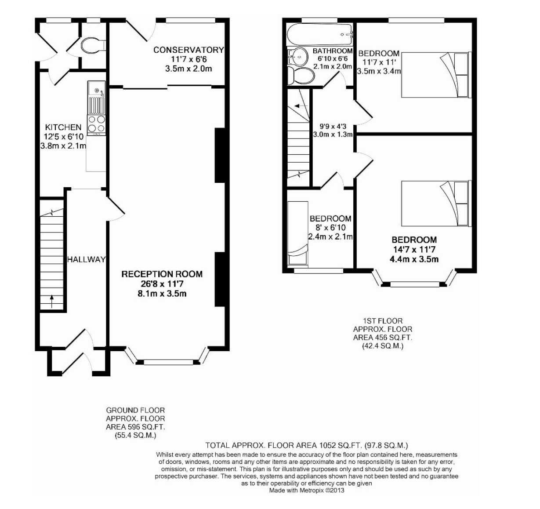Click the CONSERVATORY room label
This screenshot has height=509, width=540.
[x=188, y=50]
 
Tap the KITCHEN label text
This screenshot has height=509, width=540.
[x=63, y=127]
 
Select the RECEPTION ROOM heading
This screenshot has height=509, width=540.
[x=162, y=274]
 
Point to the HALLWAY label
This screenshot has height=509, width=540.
[x=86, y=259]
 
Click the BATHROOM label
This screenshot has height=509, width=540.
[x=332, y=51]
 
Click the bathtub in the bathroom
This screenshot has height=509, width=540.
[x=319, y=35]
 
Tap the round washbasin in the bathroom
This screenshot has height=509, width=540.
[x=298, y=57]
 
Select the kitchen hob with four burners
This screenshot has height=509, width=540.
[x=96, y=124]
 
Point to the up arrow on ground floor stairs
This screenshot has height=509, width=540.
[x=52, y=302]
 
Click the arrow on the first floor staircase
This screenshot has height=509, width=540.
[x=300, y=105]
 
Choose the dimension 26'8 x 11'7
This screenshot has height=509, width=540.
[x=162, y=284]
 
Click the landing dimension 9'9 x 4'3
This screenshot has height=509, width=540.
[x=333, y=127]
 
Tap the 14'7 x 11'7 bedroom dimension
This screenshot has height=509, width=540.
[x=414, y=249]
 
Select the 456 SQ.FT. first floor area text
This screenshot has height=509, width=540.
[x=391, y=338]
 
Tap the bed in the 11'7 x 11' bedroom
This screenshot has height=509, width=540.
[x=435, y=75]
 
